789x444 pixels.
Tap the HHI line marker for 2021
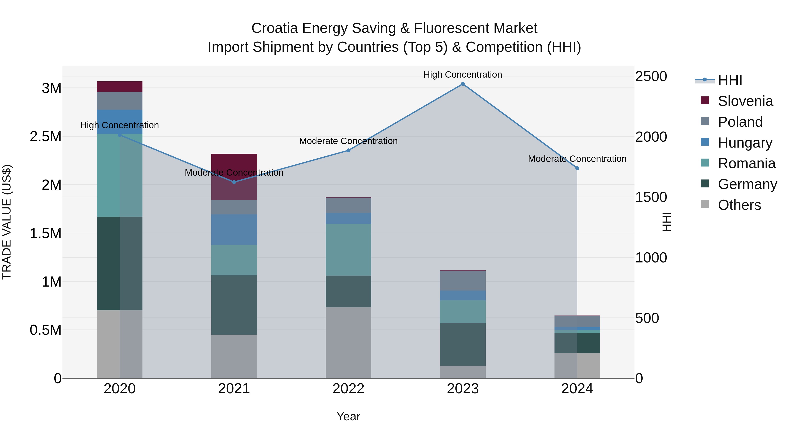234,182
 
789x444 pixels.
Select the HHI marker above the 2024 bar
577,168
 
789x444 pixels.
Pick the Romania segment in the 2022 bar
348,250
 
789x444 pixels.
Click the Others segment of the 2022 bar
348,342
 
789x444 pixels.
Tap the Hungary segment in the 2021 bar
234,230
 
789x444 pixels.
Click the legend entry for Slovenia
745,101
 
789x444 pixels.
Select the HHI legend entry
730,80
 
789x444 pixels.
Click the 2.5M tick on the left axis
46,137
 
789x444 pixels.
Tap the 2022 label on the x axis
348,389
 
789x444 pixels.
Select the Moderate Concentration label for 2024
577,159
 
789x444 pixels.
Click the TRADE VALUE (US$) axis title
7,222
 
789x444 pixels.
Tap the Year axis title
348,416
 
